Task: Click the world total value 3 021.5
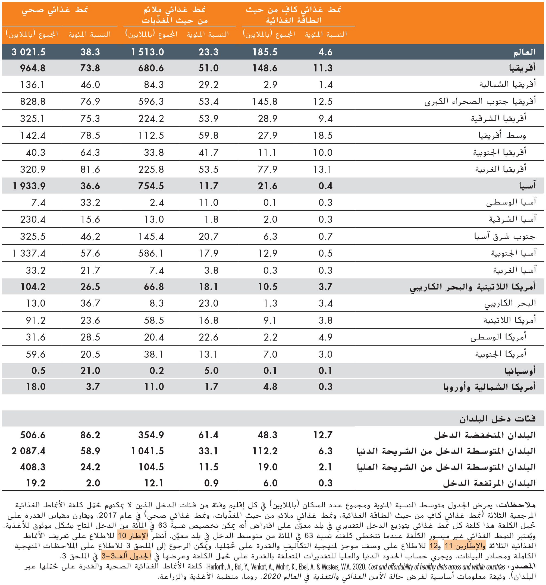point(29,52)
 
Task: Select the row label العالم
point(525,52)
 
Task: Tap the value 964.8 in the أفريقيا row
point(33,68)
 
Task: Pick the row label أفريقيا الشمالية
point(507,84)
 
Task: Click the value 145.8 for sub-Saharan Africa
point(265,102)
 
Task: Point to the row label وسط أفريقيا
point(502,135)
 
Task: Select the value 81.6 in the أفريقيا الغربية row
point(90,169)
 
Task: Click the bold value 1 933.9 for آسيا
point(29,186)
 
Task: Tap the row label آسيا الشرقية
point(512,219)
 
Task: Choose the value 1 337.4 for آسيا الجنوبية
point(29,253)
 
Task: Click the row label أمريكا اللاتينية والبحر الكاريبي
point(473,287)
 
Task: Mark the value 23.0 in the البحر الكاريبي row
point(208,303)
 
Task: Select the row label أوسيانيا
point(520,371)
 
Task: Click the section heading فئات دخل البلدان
point(497,419)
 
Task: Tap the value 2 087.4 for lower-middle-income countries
point(29,451)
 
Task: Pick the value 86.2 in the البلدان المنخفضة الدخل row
point(90,435)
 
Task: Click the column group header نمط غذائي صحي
point(55,10)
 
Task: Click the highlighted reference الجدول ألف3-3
point(126,556)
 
